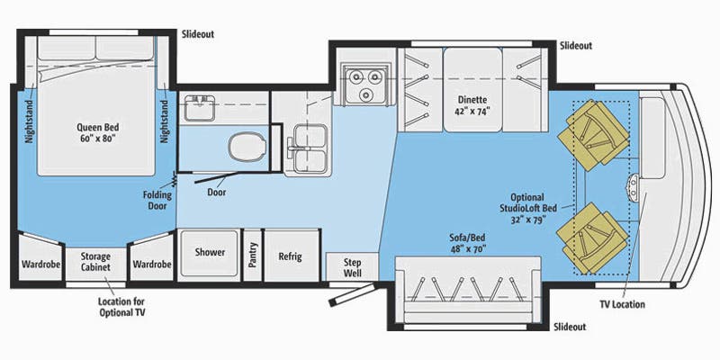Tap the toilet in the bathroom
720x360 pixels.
247,147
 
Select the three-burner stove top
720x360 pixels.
365,83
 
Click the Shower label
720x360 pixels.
210,252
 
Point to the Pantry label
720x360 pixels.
252,255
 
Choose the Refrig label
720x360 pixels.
290,256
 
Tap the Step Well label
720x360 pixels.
353,267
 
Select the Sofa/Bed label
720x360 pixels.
467,243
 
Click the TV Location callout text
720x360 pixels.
622,304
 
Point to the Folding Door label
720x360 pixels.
157,200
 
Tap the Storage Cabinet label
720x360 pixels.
95,262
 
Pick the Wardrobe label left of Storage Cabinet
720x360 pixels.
40,265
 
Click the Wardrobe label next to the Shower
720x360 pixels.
152,265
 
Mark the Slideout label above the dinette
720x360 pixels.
576,46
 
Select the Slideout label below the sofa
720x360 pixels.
570,327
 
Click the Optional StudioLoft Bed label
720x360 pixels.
528,209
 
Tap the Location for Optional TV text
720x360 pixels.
121,307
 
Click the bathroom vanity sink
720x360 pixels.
199,107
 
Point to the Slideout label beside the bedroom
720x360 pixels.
197,34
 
